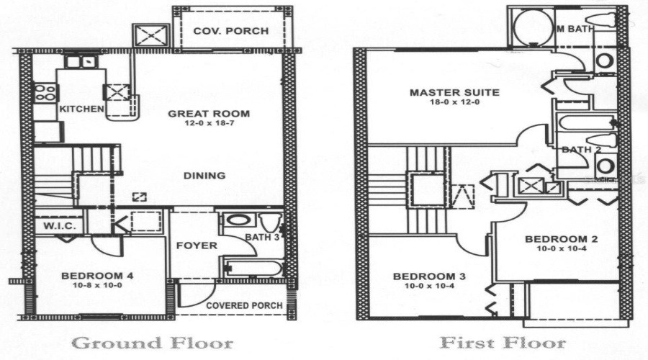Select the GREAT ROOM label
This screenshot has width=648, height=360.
(209, 113)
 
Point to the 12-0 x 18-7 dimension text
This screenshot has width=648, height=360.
(209, 124)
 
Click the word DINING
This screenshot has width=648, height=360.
(205, 175)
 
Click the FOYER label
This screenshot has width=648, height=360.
(197, 246)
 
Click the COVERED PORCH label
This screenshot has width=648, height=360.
(244, 305)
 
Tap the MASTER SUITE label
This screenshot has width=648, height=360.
(444, 92)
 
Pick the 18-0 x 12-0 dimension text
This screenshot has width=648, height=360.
(444, 103)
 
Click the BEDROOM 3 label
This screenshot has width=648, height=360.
(429, 276)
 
